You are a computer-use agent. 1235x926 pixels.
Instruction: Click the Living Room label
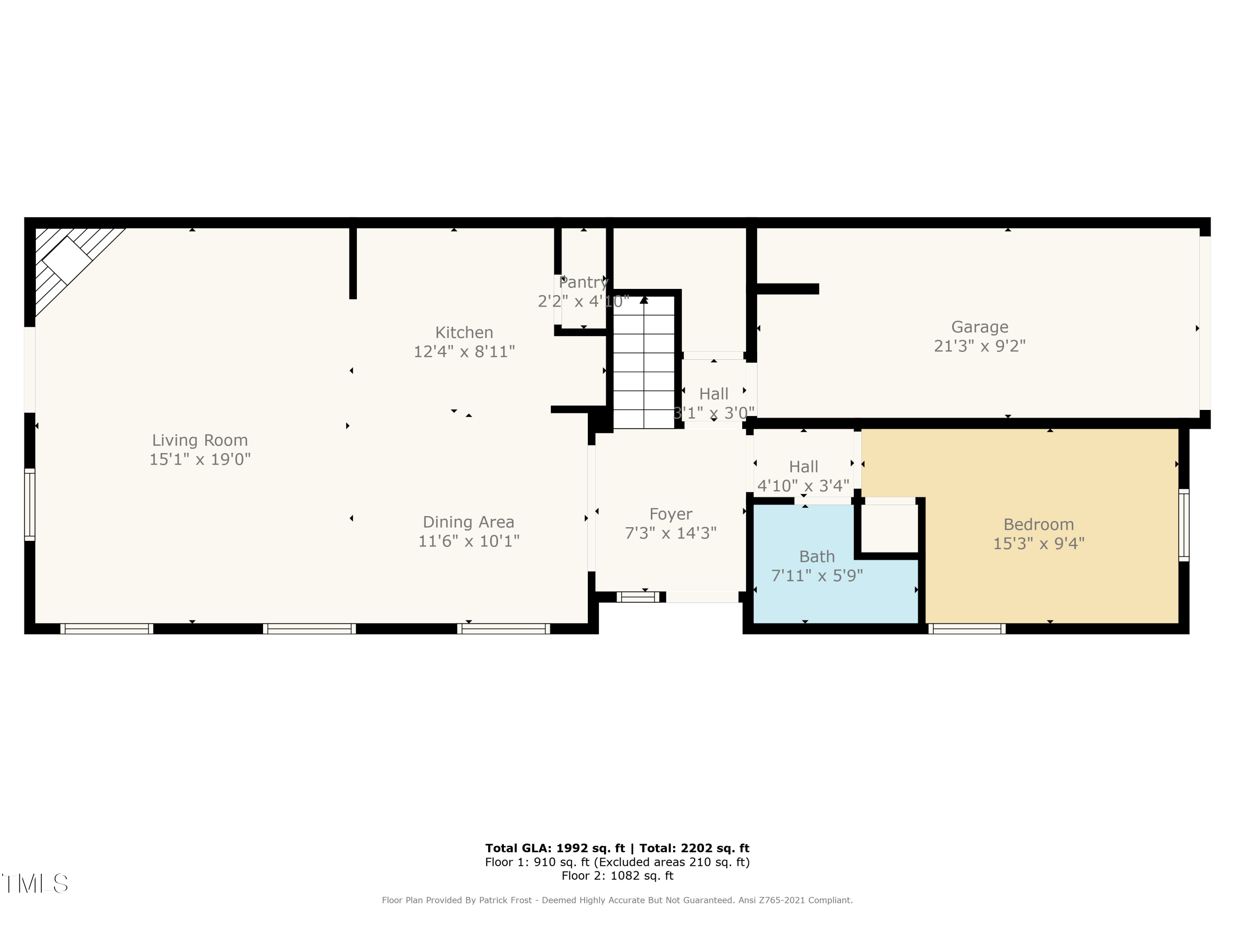[200, 440]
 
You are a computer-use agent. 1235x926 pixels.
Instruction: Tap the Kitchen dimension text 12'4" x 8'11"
[464, 351]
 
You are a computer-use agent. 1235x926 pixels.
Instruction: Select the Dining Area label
[468, 522]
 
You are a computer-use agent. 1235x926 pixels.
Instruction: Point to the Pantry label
[583, 282]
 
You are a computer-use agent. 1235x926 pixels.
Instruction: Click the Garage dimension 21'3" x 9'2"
[980, 346]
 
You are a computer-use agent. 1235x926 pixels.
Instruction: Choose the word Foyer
[671, 514]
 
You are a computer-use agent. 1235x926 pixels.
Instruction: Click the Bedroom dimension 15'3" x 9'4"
[1039, 544]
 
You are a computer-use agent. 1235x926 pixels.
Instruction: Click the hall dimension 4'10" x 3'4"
[804, 486]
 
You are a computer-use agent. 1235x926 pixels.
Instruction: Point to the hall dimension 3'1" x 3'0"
[714, 414]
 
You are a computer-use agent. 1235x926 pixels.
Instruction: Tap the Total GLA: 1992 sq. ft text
[555, 848]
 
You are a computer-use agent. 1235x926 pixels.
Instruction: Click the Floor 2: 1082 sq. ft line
[617, 876]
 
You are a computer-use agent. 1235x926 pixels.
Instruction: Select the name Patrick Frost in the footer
[505, 900]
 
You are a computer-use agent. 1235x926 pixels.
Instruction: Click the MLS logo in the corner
[35, 884]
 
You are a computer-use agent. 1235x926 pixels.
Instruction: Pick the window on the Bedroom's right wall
[1184, 525]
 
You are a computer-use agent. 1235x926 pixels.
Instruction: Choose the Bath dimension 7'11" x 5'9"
[817, 575]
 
